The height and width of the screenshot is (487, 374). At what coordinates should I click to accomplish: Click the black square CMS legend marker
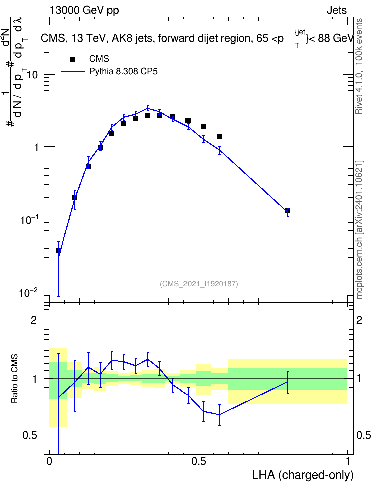pos(73,59)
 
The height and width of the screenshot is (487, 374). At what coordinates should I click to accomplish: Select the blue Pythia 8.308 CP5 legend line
pos(73,72)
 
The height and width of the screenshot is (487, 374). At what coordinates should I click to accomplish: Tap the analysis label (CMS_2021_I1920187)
pos(199,284)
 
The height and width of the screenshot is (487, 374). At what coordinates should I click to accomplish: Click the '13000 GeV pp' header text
pos(84,10)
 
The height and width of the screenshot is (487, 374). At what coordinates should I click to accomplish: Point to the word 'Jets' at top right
pos(337,10)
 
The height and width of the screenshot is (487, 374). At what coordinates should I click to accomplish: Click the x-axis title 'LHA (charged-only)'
pos(302,475)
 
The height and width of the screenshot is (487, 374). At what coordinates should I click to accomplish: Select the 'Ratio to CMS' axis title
pos(14,379)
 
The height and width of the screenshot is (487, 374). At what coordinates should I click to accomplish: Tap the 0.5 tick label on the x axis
pos(199,461)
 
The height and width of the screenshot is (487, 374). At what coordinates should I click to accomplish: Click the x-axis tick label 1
pos(348,461)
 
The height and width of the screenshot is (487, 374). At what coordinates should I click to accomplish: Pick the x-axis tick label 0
pos(49,461)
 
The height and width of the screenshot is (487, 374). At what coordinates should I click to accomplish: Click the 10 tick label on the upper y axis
pos(32,75)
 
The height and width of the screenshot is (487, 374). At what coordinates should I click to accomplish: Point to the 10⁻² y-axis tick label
pos(28,293)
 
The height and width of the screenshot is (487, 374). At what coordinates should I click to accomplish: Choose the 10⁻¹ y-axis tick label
pos(28,220)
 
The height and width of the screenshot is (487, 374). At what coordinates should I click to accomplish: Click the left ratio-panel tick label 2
pos(34,320)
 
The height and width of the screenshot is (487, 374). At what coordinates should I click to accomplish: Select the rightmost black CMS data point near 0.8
pos(288,211)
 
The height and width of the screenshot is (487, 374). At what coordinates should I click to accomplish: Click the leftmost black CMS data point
pos(58,251)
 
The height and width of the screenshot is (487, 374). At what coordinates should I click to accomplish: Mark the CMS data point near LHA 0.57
pos(219,136)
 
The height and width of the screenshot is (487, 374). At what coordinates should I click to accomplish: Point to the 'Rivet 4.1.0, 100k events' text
pos(359,66)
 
